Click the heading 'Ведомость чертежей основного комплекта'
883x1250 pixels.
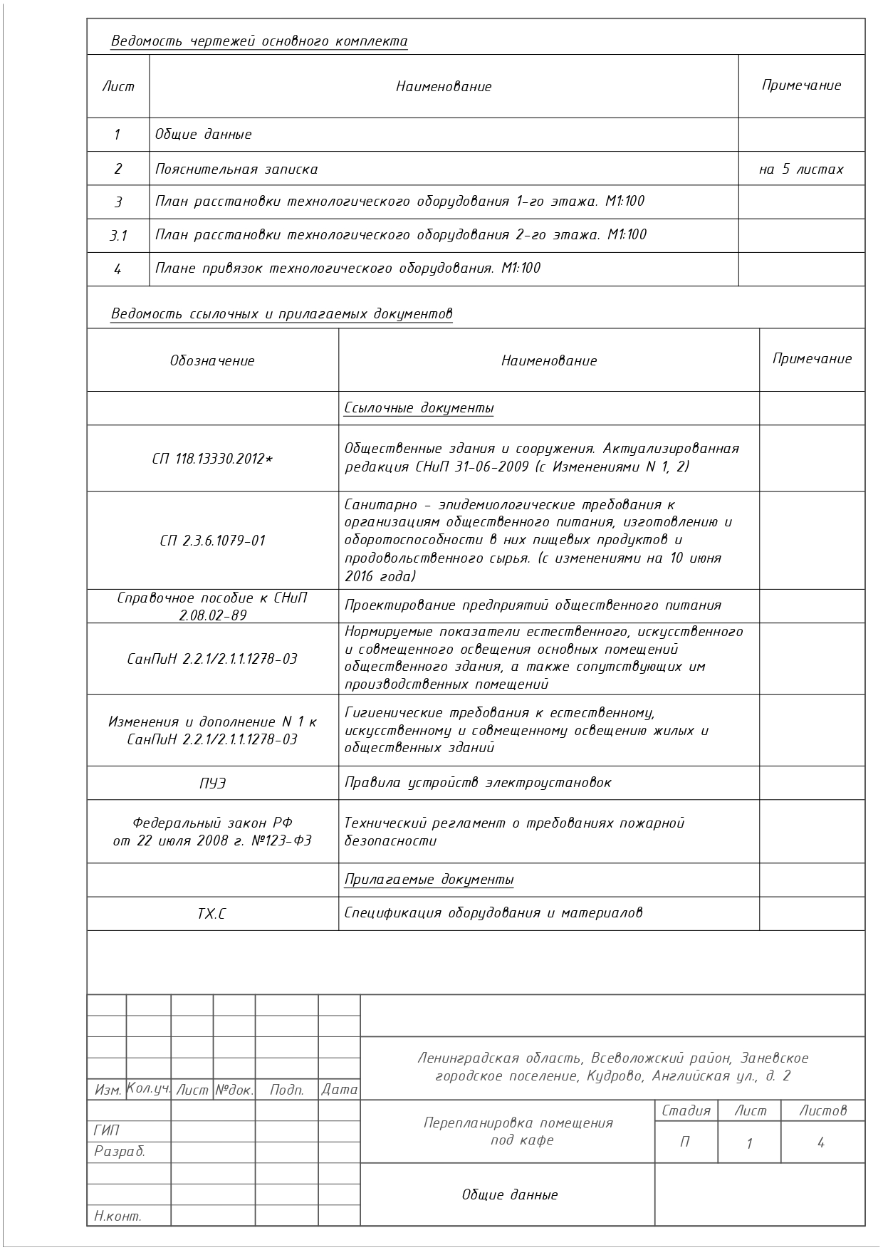[259, 41]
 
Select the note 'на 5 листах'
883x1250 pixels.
[801, 170]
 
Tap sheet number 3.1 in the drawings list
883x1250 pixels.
[118, 235]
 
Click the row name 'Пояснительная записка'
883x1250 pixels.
[236, 170]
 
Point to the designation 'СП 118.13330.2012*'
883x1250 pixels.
[212, 459]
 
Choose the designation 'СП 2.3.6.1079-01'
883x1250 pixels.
[212, 541]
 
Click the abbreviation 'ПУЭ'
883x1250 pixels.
[212, 783]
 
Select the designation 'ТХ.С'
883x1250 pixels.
[212, 913]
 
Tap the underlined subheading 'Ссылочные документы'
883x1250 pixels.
[419, 408]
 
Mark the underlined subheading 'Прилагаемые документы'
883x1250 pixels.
[429, 880]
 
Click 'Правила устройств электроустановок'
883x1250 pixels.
[478, 783]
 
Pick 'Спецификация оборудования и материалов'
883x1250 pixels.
[493, 913]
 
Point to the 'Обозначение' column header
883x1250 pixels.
[212, 360]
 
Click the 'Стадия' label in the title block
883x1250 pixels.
[686, 1110]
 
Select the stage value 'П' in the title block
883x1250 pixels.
[685, 1142]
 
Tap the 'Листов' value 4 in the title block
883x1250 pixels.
[821, 1142]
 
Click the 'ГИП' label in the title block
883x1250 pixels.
[106, 1130]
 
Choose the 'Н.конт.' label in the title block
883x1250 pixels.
[117, 1216]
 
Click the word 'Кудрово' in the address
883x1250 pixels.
[615, 1075]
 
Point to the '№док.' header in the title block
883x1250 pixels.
[234, 1090]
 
